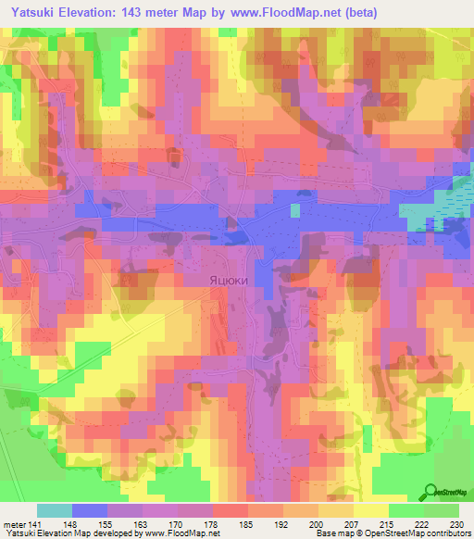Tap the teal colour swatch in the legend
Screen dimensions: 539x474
pos(55,510)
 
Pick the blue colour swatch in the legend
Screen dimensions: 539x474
pos(90,510)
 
